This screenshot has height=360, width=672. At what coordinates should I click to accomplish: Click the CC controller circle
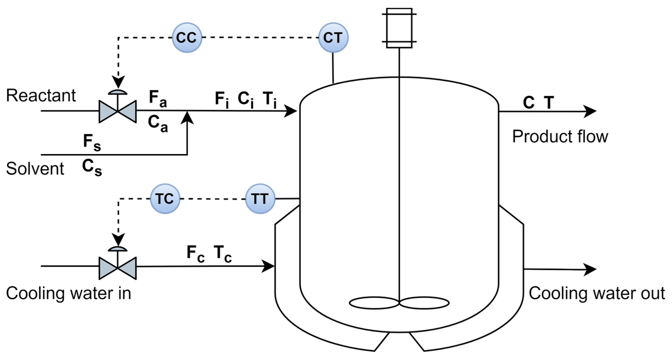(x=187, y=38)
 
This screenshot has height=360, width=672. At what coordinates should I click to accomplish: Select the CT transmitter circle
(x=333, y=38)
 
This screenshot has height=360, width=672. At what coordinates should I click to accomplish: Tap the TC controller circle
(x=165, y=199)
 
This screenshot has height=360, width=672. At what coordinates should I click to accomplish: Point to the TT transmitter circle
(x=260, y=199)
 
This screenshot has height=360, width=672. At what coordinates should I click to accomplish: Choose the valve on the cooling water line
(x=118, y=268)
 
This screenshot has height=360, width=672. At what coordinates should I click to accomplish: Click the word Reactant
(x=41, y=95)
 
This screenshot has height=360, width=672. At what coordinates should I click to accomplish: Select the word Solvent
(x=35, y=169)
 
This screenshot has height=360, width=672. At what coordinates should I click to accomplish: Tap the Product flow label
(x=560, y=136)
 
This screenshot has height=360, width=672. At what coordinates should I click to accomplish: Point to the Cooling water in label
(x=68, y=293)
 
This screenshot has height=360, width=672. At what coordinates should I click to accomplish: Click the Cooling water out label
(x=597, y=293)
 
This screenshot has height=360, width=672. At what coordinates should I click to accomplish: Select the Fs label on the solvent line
(x=92, y=142)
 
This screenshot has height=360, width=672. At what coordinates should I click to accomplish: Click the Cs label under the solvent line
(x=92, y=167)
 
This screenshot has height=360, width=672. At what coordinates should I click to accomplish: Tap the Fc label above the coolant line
(x=195, y=253)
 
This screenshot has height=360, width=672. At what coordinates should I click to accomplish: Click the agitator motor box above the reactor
(x=399, y=28)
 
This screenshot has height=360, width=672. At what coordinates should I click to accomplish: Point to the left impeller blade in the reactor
(x=374, y=303)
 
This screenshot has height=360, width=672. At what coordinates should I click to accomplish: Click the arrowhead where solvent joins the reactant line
(x=187, y=118)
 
